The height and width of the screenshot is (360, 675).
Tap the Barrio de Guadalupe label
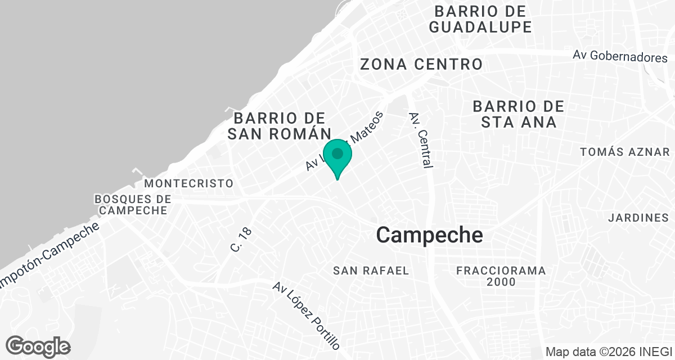point(480,19)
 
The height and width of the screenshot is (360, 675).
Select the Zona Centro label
point(421,64)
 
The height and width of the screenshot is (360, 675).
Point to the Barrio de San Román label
point(280,126)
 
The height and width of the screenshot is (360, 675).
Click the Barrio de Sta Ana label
point(518,114)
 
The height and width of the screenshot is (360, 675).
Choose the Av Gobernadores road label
point(620,56)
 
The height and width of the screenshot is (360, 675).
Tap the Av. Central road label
point(422,140)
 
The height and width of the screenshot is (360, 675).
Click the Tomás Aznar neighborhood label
point(624,152)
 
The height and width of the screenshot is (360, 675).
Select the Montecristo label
point(188,183)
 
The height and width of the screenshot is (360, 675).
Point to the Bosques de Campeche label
point(133,205)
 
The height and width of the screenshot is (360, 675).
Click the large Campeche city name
point(429,235)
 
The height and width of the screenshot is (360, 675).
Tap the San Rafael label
point(371,271)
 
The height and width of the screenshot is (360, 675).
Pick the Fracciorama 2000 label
point(501,276)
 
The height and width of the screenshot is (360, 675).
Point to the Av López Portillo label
point(307,316)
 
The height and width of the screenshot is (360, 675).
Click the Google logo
point(38,346)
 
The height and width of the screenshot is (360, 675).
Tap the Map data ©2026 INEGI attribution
point(609,352)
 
